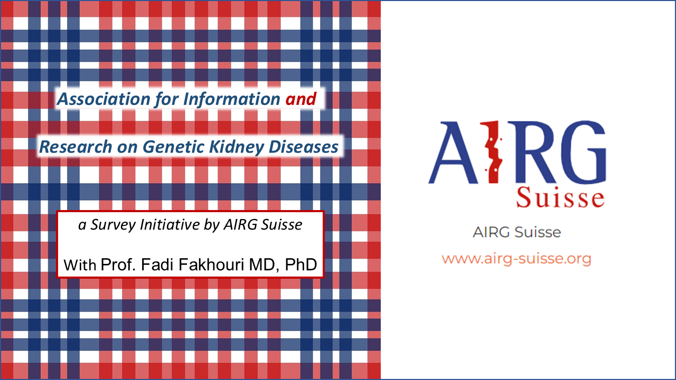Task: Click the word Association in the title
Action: click(x=96, y=99)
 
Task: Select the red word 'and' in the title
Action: click(x=301, y=99)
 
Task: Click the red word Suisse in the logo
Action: click(x=560, y=198)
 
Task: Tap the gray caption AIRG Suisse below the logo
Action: click(x=517, y=232)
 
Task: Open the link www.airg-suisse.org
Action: click(x=517, y=259)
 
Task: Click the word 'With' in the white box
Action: click(x=80, y=264)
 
